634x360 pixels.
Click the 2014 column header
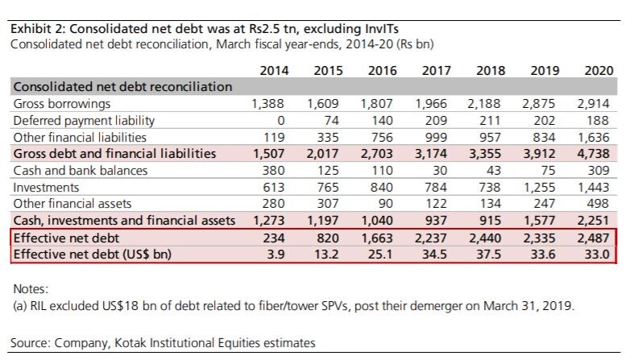click(275, 71)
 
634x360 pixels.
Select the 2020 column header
click(598, 71)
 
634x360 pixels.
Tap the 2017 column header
click(436, 71)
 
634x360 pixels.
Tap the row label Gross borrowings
click(62, 104)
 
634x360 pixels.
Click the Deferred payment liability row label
click(84, 121)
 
